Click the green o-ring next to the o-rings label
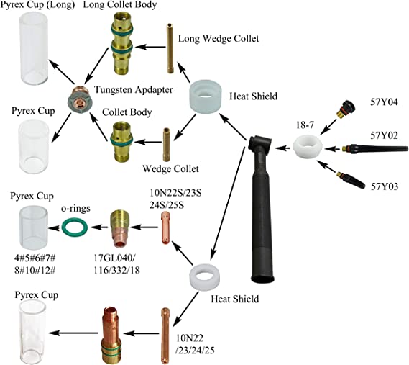point(75,221)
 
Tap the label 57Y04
point(385,102)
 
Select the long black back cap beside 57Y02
point(375,148)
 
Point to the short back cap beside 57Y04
point(344,109)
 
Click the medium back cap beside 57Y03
point(351,180)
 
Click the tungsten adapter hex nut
point(79,100)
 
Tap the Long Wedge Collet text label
point(219,39)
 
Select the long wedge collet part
point(170,49)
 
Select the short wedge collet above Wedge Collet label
point(166,145)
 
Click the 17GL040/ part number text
point(115,258)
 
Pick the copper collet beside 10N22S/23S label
point(165,227)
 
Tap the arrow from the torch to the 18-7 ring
point(282,148)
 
